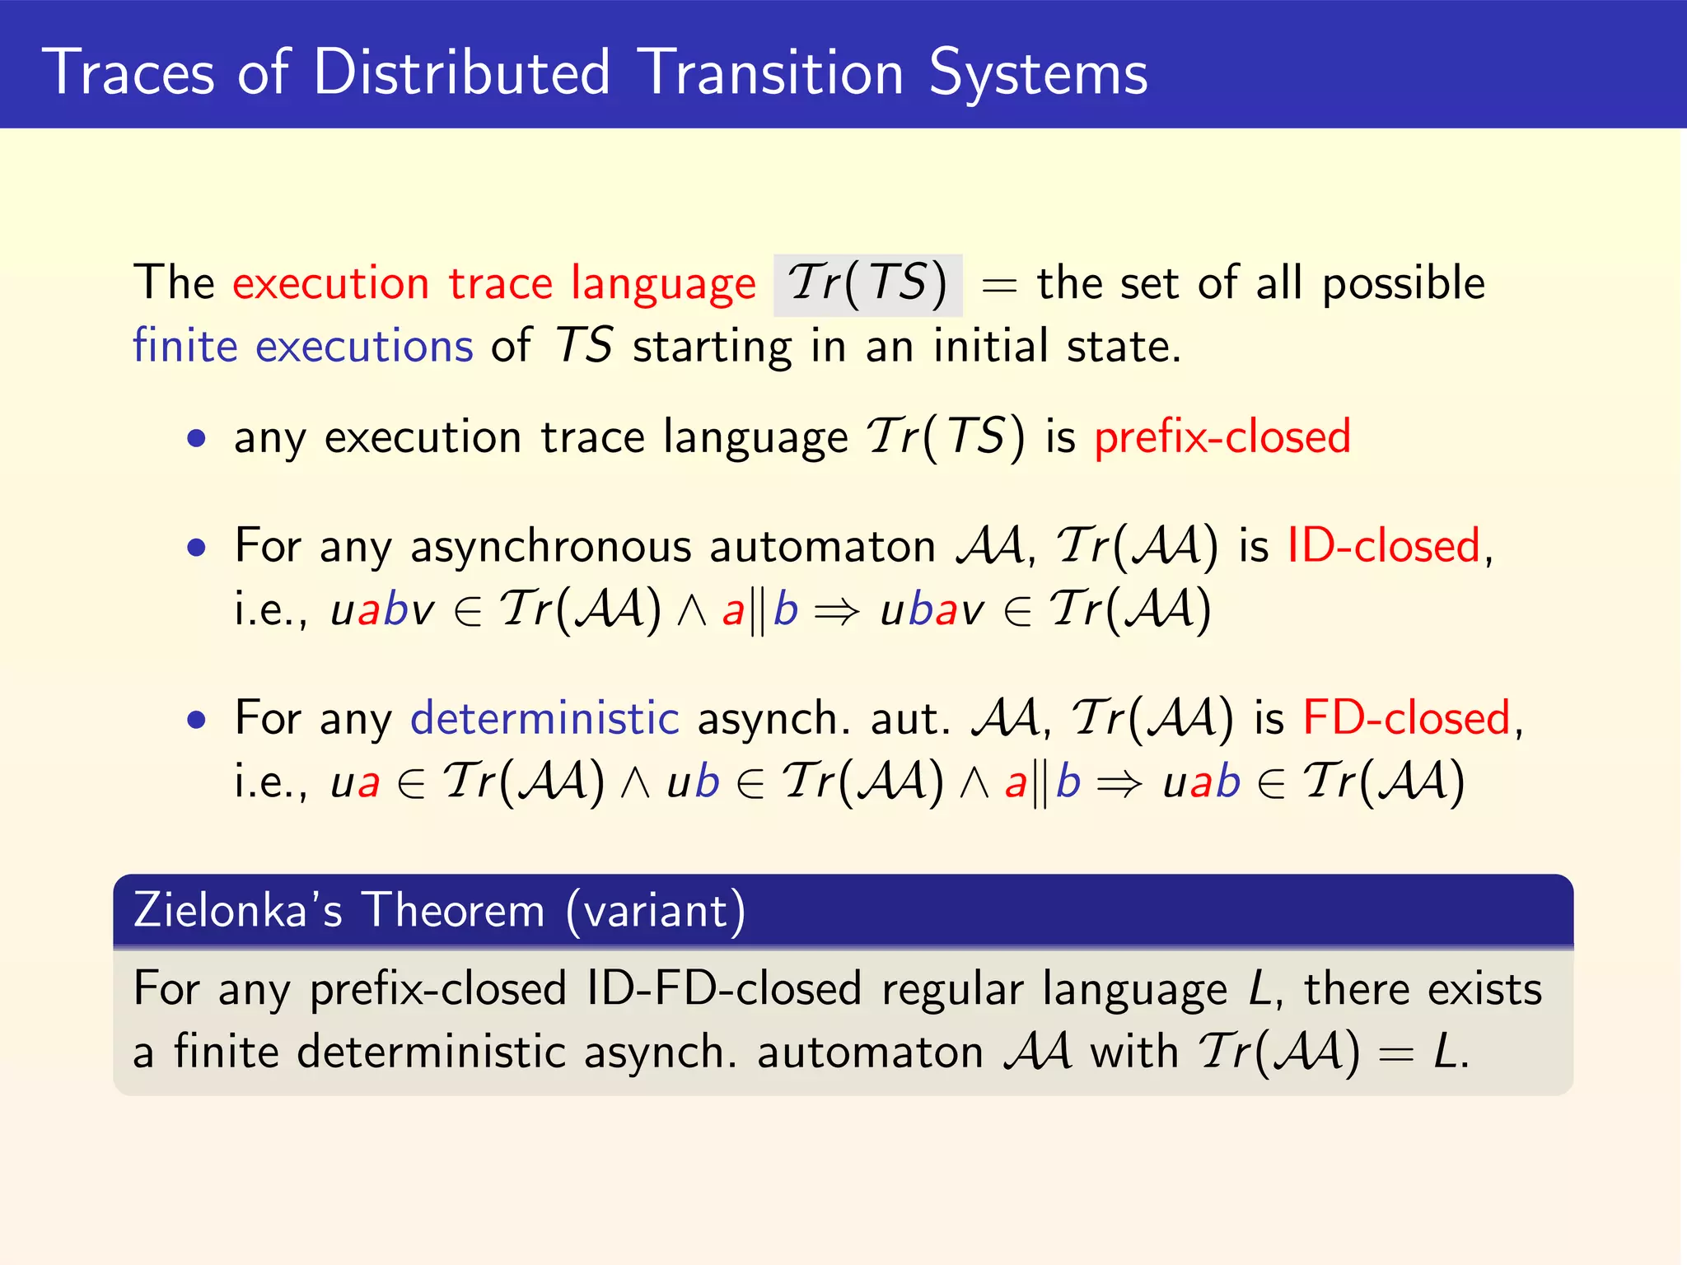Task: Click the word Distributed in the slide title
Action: click(461, 72)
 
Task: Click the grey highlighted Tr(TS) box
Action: click(867, 285)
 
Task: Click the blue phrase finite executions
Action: click(303, 346)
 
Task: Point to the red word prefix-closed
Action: click(1222, 436)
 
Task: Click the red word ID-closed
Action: click(1384, 546)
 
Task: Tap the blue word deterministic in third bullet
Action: click(544, 718)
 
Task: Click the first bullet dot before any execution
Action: click(196, 438)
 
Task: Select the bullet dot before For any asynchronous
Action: click(196, 548)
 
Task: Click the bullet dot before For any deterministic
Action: click(196, 721)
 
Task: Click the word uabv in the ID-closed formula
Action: click(382, 611)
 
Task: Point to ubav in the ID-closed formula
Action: click(932, 611)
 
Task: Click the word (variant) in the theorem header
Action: click(656, 911)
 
